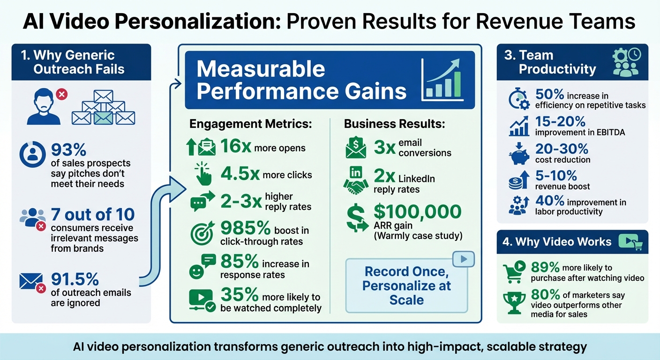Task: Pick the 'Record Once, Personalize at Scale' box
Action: point(406,285)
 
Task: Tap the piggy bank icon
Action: point(519,154)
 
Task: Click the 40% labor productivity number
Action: point(549,202)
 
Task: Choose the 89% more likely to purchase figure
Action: point(545,268)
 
